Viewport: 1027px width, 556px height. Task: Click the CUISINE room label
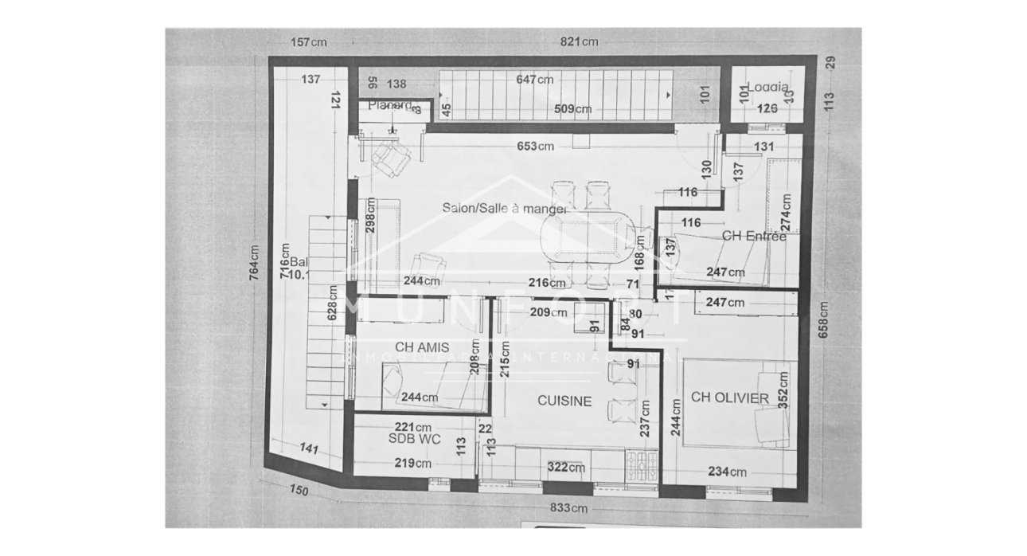564,401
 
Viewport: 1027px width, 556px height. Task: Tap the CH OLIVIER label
729,397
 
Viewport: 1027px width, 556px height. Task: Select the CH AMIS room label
422,347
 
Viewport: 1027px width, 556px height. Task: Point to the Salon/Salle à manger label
505,208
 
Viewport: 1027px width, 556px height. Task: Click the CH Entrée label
754,236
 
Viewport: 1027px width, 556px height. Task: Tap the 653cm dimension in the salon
536,146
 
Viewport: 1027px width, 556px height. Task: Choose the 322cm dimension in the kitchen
565,467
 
